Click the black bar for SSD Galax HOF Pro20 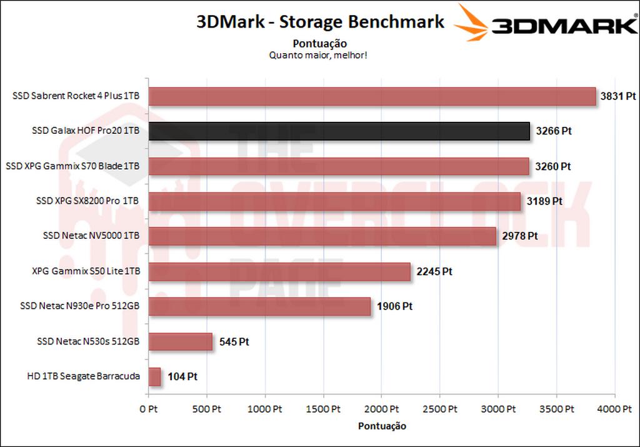pos(339,131)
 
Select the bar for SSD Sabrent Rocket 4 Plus pos(372,96)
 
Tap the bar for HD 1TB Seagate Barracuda pos(154,376)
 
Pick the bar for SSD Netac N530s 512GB pos(181,342)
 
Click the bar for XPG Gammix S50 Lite pos(279,272)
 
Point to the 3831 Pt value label pos(617,96)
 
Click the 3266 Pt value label pos(553,131)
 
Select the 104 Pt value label pos(182,377)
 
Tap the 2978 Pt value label pos(520,236)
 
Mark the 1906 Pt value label pos(394,306)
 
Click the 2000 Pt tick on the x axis pos(382,409)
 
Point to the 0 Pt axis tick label pos(149,409)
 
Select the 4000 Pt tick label pos(614,409)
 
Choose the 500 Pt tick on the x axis pos(207,409)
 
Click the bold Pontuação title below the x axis pos(382,426)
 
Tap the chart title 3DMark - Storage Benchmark pos(320,22)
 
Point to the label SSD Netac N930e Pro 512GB pos(80,306)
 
